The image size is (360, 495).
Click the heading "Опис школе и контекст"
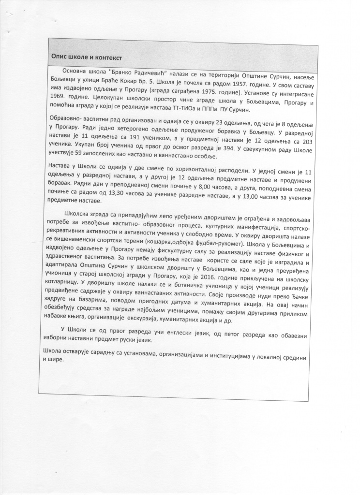(x=87, y=57)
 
